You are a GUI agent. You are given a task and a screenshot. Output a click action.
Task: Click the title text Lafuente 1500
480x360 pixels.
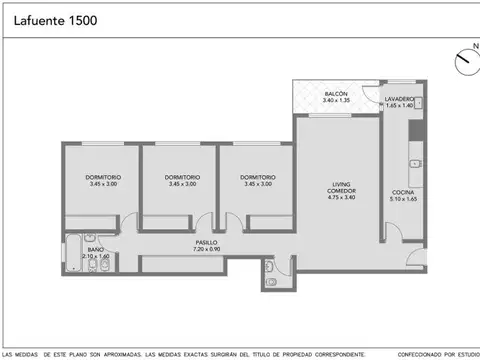[x=56, y=20]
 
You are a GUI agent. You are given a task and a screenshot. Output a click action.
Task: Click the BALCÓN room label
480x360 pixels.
[x=335, y=94]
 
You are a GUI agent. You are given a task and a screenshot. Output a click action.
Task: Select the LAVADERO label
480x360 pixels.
[x=401, y=99]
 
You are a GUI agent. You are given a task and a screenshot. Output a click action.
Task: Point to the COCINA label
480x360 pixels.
[x=403, y=192]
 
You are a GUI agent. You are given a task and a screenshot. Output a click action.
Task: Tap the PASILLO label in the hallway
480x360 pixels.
[x=207, y=242]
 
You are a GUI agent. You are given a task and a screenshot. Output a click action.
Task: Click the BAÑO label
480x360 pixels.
[x=95, y=249]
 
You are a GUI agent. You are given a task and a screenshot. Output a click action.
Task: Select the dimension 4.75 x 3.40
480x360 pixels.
[x=342, y=198]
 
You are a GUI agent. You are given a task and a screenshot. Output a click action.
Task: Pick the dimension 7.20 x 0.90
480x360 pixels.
[x=207, y=248]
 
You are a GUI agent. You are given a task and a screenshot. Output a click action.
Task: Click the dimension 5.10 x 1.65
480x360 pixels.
[x=403, y=198]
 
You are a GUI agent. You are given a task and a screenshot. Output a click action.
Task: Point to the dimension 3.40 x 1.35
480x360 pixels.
[x=335, y=100]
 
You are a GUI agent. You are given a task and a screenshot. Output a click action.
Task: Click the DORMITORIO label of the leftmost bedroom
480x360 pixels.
[x=103, y=178]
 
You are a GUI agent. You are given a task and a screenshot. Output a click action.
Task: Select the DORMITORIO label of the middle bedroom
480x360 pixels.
[x=181, y=178]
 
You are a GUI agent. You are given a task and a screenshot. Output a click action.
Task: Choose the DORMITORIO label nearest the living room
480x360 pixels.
[x=259, y=178]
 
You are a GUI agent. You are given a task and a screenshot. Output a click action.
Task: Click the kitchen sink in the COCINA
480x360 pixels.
[x=413, y=165]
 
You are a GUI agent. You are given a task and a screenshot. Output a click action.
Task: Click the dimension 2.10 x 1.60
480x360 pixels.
[x=95, y=256]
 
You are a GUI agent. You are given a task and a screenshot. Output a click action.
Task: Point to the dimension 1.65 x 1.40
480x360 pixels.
[x=401, y=105]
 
